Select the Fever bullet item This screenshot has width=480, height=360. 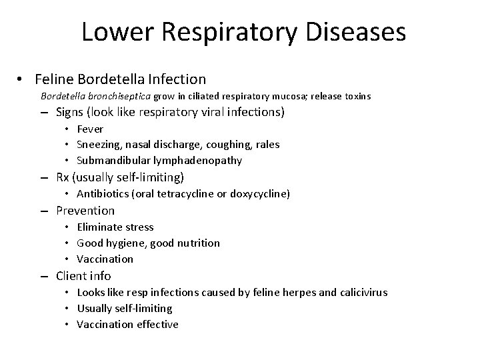click(90, 129)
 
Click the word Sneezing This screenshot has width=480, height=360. click(97, 145)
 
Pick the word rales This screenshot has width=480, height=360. click(268, 145)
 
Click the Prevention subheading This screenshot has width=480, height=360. click(85, 211)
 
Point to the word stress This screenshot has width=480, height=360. click(139, 227)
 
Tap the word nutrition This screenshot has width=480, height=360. click(196, 243)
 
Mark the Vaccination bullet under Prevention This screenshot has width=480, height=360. click(105, 259)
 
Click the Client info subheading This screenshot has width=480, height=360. click(83, 276)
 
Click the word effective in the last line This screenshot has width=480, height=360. click(157, 324)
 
